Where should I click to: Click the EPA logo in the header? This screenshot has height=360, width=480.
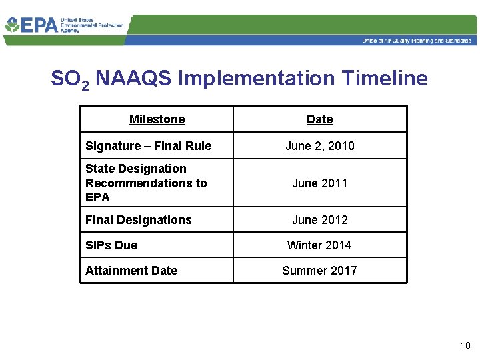coord(30,26)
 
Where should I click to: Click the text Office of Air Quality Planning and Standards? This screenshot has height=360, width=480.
coord(416,41)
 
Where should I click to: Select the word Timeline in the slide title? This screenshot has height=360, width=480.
coord(384,79)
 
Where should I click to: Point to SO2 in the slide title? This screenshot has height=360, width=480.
coord(70,79)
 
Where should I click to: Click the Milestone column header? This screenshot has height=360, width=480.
coord(157,119)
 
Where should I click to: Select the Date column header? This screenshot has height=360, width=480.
coord(319,119)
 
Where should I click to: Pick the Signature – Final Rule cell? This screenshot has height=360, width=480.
coord(148,146)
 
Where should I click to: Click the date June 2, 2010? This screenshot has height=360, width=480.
coord(319,146)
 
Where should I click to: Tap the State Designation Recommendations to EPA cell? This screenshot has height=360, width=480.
coord(146,183)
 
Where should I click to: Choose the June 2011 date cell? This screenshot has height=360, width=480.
coord(319,183)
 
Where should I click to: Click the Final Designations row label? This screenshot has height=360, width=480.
coord(138,220)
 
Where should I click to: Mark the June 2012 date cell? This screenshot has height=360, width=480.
coord(319,220)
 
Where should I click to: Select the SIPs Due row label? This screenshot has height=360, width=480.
coord(111,245)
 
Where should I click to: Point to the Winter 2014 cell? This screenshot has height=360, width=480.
coord(319,245)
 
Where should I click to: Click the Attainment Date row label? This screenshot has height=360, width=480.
coord(131,271)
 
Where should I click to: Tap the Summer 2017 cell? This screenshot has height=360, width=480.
coord(319,271)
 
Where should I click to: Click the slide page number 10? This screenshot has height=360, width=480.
coord(465,345)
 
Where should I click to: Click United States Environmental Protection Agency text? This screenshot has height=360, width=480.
coord(91,25)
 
